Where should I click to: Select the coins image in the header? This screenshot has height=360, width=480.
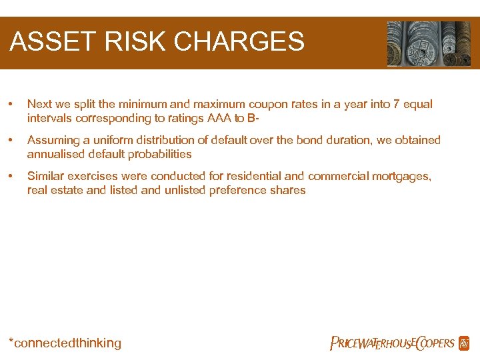pos(429,43)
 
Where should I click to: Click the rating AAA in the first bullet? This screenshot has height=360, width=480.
pos(208,118)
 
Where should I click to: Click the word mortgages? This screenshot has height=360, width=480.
pos(403,176)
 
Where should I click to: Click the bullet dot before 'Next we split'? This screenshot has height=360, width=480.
pos(10,105)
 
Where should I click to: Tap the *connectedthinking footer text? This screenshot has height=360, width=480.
pos(65,343)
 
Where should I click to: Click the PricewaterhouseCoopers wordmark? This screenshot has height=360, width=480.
pos(393,343)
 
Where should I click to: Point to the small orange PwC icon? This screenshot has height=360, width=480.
pos(464,343)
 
